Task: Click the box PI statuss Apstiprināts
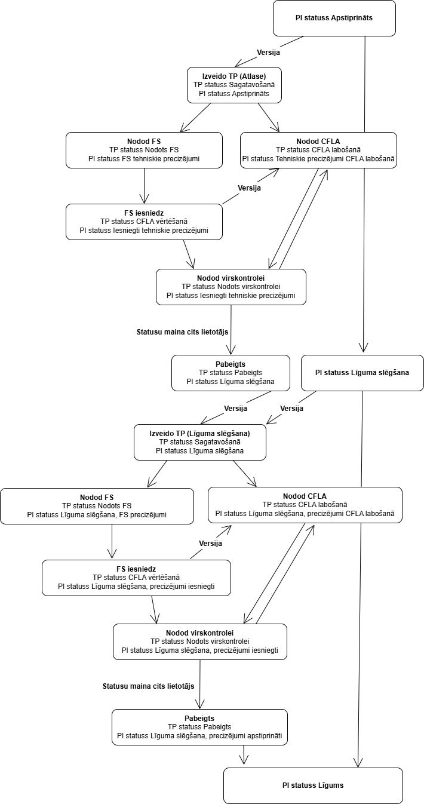[334, 18]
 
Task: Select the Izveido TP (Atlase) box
[234, 85]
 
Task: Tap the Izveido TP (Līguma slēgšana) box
[200, 442]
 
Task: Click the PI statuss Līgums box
[313, 785]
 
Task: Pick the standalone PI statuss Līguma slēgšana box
[362, 373]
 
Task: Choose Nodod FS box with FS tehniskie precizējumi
[144, 150]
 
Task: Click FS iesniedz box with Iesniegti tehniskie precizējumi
[144, 222]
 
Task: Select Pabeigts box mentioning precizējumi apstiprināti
[199, 727]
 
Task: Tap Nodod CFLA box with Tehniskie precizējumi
[318, 150]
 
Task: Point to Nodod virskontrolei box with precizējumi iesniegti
[200, 642]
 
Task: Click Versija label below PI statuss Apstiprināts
[268, 53]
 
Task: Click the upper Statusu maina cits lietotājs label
[182, 332]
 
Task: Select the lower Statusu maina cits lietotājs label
[148, 686]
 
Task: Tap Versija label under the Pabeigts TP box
[235, 409]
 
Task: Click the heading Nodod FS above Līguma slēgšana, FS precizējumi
[97, 498]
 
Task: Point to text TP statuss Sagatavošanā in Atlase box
[234, 85]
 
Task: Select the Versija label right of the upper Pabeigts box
[291, 409]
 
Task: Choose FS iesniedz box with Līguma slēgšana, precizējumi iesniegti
[136, 578]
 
